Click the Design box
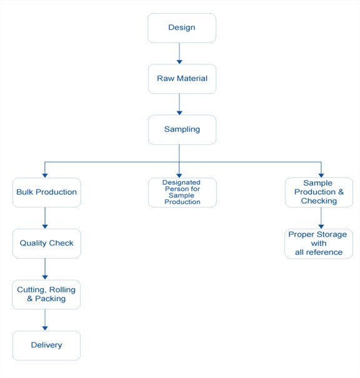182,28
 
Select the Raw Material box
182,79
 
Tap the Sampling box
182,130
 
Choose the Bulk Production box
46,192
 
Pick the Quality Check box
46,244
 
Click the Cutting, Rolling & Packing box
46,294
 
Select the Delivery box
46,346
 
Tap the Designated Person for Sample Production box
182,192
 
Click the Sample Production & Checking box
319,192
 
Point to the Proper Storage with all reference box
319,244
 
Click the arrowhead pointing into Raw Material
179,62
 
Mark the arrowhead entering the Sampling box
179,113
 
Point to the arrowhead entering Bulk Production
45,176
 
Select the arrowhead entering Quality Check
45,227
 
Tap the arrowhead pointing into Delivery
45,329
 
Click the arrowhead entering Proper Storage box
321,227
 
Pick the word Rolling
62,289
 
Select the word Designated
181,182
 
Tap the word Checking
319,201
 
